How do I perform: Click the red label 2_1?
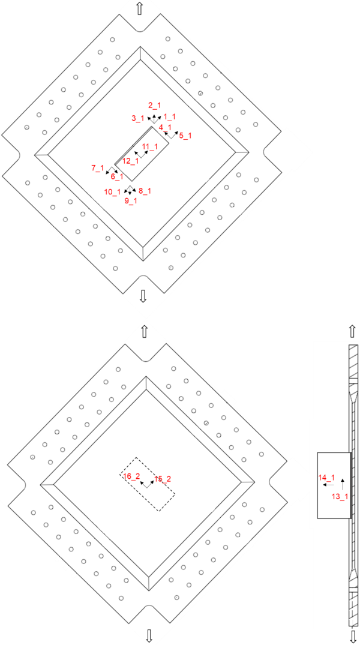(154, 106)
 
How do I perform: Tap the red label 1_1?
(169, 117)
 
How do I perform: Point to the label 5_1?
(185, 136)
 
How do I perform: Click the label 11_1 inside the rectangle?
(150, 146)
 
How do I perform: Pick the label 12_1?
(130, 161)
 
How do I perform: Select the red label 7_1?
(98, 169)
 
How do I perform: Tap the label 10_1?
(112, 192)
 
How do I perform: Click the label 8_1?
(145, 191)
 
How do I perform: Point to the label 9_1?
(131, 201)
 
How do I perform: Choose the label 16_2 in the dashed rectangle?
(131, 476)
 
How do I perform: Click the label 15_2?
(163, 479)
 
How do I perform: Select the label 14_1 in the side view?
(326, 478)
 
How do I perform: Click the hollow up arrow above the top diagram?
(140, 8)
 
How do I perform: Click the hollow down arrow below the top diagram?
(143, 295)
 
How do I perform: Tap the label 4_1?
(165, 127)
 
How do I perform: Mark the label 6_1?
(116, 177)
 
